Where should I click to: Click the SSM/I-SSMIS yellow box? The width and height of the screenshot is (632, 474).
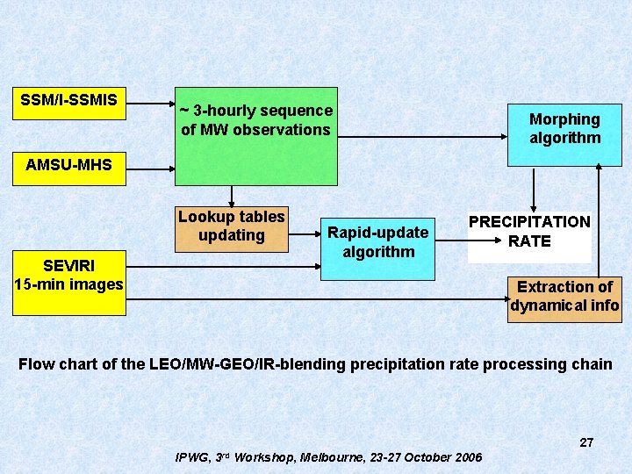[69, 103]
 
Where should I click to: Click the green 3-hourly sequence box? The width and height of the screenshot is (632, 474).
[255, 136]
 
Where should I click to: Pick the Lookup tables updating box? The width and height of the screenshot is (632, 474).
[232, 227]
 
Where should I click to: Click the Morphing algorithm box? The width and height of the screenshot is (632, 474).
[564, 129]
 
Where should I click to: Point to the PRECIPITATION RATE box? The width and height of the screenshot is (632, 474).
[529, 233]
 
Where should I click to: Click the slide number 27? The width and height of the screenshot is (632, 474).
[586, 443]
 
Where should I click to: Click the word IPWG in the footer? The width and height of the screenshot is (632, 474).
[194, 457]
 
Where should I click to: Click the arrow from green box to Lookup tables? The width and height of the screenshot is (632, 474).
[233, 197]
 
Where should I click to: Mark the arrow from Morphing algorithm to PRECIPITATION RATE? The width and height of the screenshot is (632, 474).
[533, 189]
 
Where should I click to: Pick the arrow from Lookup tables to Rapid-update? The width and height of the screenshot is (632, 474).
[304, 234]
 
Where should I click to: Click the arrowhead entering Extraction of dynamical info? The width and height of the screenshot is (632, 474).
[502, 299]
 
